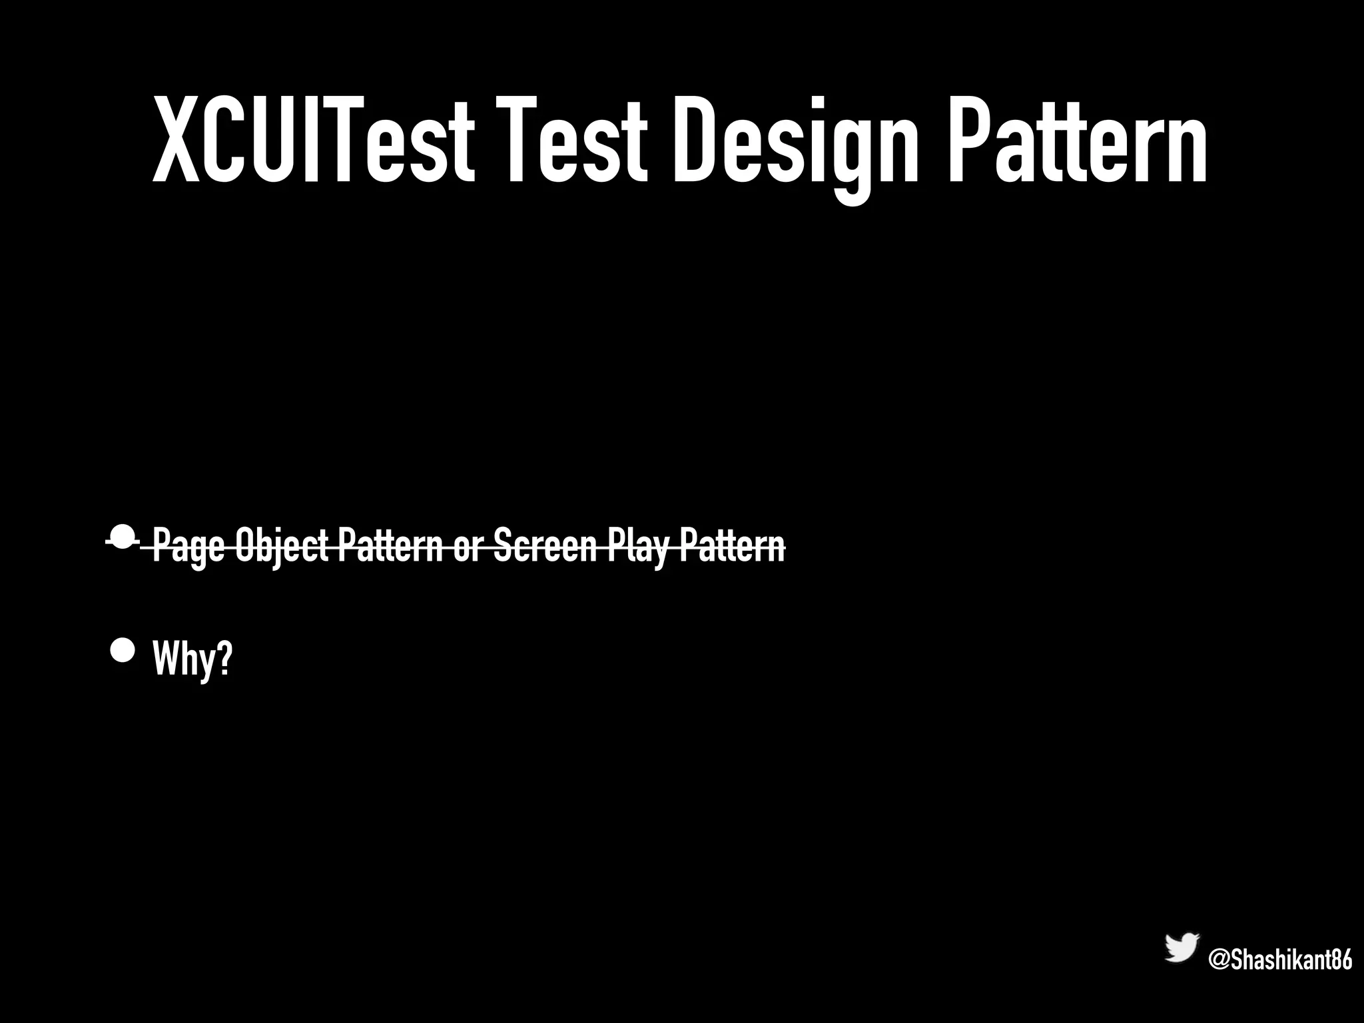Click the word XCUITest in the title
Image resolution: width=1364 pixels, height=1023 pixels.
tap(314, 140)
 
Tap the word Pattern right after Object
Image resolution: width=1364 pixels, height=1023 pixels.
tap(390, 546)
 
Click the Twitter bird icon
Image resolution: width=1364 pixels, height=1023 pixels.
tap(1182, 947)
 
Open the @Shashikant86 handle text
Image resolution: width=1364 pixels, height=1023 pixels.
tap(1279, 960)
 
